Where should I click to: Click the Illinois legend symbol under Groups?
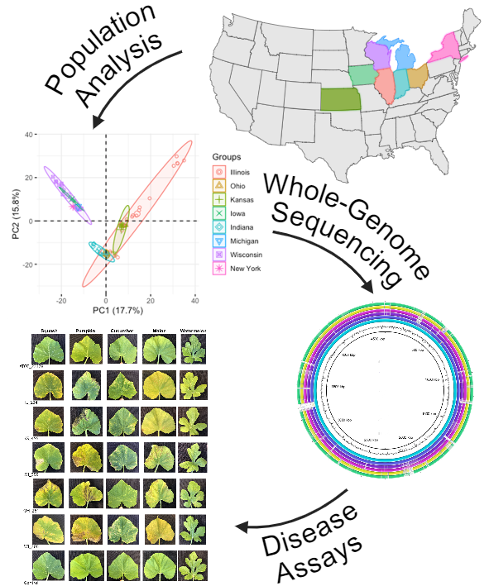coord(218,171)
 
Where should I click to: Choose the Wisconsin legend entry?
coord(218,255)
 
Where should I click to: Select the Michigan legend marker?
coord(218,241)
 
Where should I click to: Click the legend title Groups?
coord(226,155)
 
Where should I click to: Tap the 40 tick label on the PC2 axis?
coord(27,134)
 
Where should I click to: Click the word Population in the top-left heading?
coord(87,45)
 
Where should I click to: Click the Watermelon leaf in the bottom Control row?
coord(197,568)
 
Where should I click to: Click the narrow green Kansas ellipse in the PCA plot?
coord(122,228)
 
